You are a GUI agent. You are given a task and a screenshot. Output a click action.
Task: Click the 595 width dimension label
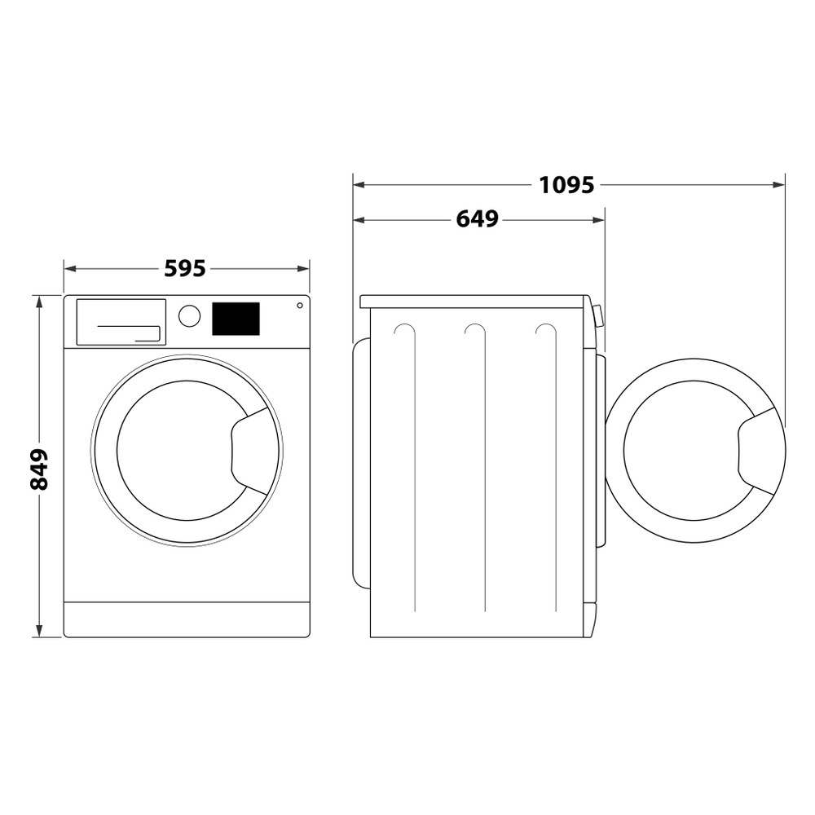pos(185,268)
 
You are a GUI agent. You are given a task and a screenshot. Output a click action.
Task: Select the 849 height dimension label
pos(39,469)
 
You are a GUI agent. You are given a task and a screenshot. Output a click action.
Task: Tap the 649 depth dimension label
pos(477,220)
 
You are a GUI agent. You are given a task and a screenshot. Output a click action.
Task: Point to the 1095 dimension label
pos(566,185)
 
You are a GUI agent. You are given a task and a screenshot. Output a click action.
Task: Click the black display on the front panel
pos(236,319)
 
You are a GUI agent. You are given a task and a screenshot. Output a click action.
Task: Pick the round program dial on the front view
pos(189,316)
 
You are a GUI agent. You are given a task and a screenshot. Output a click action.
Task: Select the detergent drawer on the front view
pos(121,321)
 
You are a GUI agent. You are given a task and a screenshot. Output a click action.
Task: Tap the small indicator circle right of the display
pos(300,306)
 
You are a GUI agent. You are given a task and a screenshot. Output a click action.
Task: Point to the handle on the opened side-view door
pos(758,451)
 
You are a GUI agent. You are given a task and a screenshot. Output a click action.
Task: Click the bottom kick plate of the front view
pos(187,619)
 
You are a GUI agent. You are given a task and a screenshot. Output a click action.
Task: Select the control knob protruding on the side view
pos(599,315)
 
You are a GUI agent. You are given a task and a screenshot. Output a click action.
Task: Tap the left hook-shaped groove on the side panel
pos(406,329)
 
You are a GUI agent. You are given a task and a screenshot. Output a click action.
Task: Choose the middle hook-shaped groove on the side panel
pos(476,329)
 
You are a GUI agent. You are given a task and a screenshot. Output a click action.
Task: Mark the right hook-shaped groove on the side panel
pos(547,329)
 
